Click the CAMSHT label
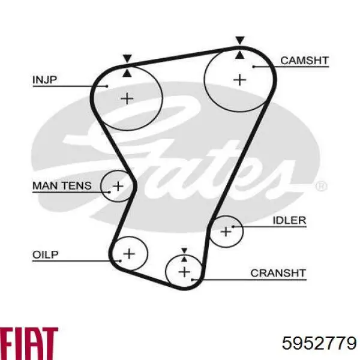pos(304,61)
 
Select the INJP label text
pos(44,80)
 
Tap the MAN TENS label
pos(62,185)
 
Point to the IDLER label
pos(289,220)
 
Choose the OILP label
pos(46,254)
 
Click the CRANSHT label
pos(278,273)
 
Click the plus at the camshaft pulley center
pos(239,80)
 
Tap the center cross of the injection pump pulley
pos(127,99)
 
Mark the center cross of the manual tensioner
pos(118,186)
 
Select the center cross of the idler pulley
pos(226,232)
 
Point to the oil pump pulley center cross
pos(129,254)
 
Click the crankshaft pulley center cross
pos(184,272)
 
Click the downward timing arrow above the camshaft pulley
pos(240,40)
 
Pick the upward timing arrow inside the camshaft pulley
pos(240,55)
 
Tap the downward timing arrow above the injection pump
pos(127,59)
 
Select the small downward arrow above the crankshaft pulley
pos(184,250)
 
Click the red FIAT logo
pos(29,343)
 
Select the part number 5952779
pos(319,343)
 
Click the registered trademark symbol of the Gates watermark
pos(321,186)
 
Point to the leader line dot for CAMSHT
pos(253,67)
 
